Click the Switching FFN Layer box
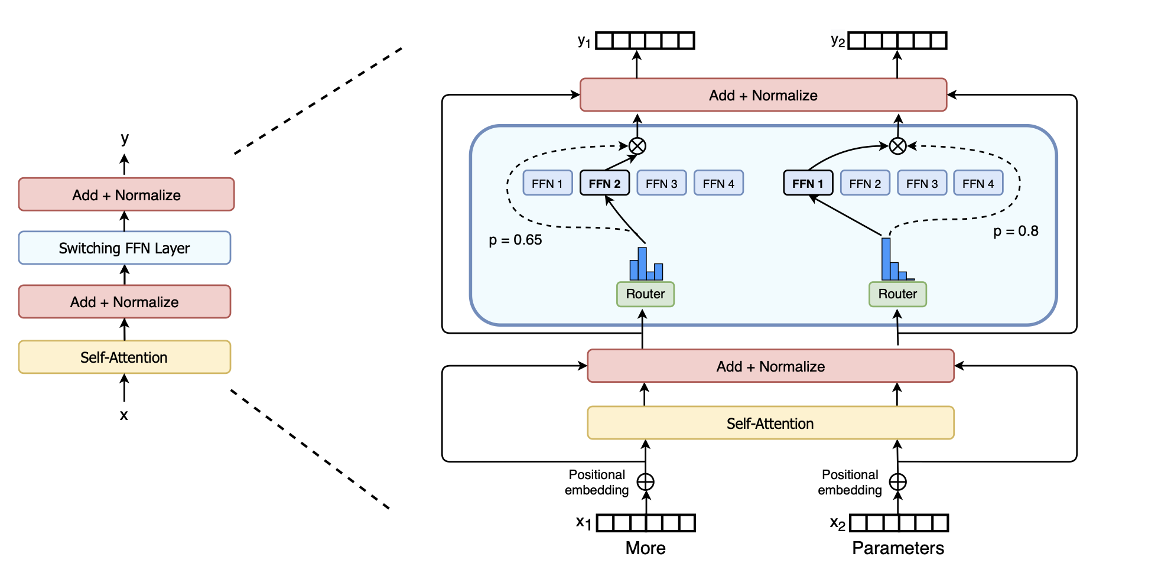pos(125,248)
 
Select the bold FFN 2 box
pos(604,183)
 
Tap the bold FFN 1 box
pos(808,183)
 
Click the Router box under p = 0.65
pos(645,294)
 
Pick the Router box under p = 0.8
pos(897,294)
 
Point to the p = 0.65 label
pos(515,240)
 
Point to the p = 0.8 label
pos(1016,231)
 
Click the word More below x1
pos(645,548)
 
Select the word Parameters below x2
pos(897,548)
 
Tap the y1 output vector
pos(645,41)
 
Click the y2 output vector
pos(897,41)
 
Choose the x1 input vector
pos(646,523)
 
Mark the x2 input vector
pos(899,523)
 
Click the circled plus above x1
pos(645,482)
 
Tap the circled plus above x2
pos(897,482)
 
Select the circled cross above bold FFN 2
pos(637,146)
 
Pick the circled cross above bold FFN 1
pos(897,146)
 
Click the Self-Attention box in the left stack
pos(125,357)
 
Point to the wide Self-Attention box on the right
pos(770,423)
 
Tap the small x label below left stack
pos(124,415)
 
